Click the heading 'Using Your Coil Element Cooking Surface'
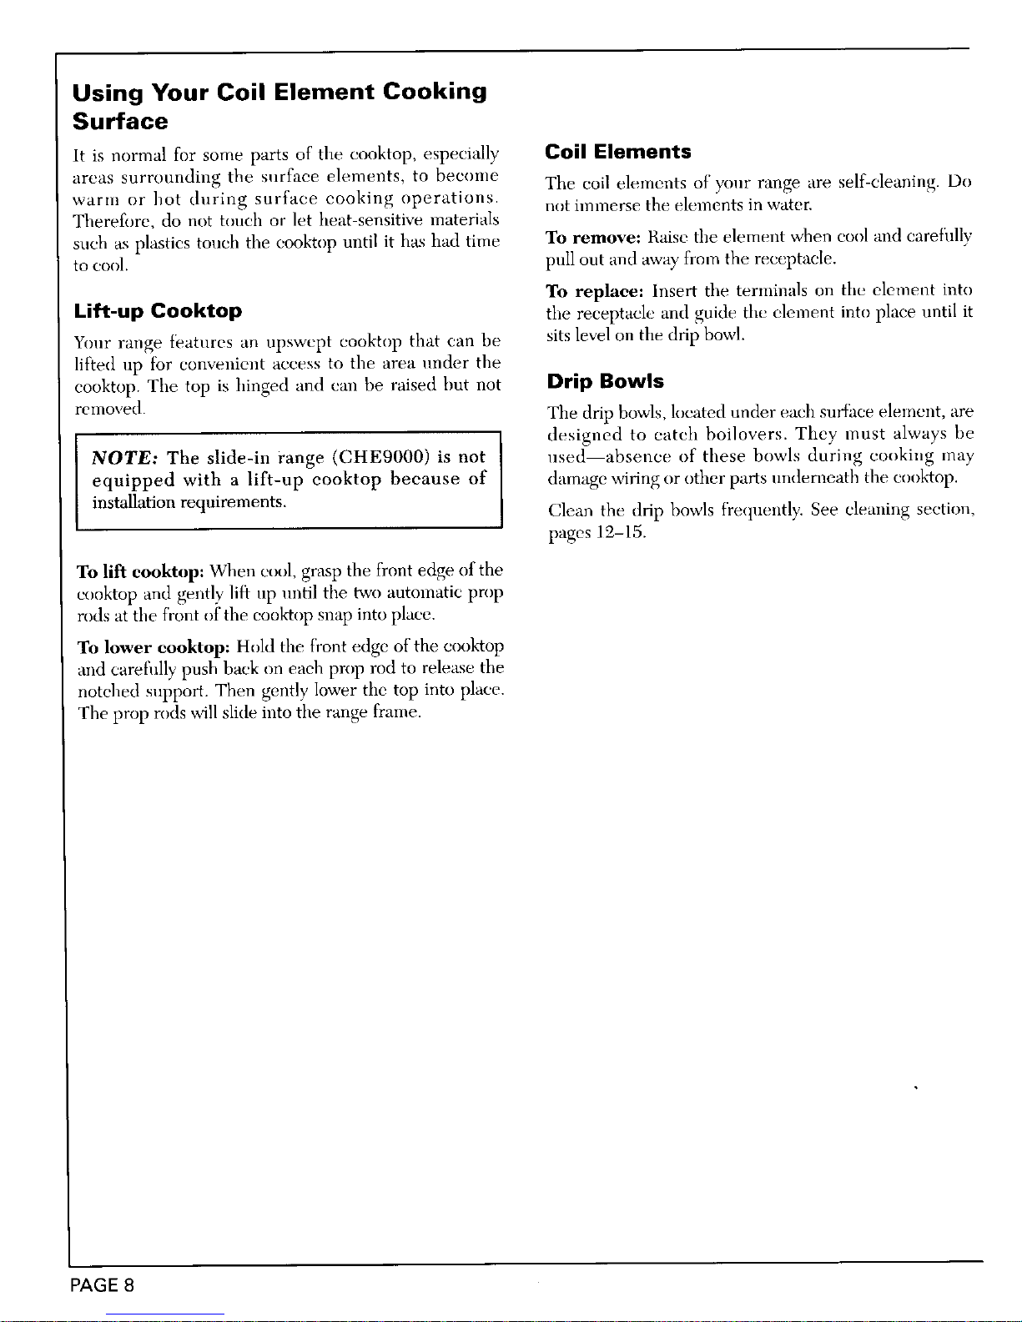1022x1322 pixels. (279, 106)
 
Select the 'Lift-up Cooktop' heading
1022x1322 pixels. (158, 311)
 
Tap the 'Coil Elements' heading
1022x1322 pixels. (617, 152)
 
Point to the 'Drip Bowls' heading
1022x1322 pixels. (605, 381)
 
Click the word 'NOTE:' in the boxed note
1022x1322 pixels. (126, 457)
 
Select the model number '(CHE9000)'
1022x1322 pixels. (381, 457)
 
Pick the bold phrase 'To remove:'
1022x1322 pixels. (592, 237)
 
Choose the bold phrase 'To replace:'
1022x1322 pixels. (595, 291)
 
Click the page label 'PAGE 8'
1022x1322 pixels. (103, 1284)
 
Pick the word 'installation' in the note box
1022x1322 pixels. (133, 503)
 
